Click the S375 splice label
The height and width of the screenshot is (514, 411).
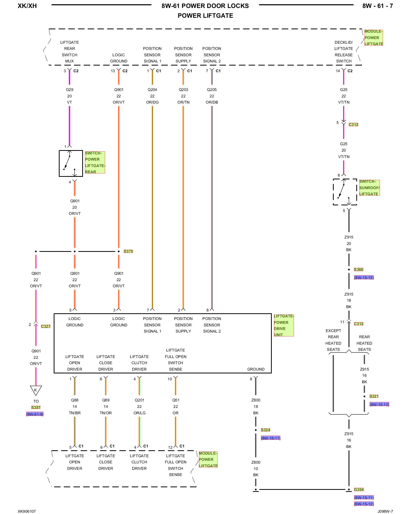128,251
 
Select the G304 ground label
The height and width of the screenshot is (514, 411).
359,490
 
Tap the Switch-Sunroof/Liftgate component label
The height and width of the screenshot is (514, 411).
369,188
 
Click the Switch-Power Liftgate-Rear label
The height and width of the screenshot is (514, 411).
95,162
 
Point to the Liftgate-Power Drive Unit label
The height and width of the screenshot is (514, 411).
283,325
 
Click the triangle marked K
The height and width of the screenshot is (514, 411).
36,390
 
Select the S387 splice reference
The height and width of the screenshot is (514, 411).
36,408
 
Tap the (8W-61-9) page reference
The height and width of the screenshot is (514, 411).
35,414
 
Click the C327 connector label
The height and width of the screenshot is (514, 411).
46,326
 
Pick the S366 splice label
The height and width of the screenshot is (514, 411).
358,270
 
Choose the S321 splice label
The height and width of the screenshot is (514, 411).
374,396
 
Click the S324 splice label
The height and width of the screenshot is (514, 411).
265,430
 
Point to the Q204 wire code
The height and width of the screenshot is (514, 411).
152,90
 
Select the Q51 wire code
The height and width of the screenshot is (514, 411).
176,400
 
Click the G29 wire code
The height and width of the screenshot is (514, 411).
70,90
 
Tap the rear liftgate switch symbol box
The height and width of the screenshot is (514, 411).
71,163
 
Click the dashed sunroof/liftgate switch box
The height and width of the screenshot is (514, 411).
345,192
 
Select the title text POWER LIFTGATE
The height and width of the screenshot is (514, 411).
205,16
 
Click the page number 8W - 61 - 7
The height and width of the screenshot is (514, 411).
377,6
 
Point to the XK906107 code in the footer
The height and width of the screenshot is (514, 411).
27,511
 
